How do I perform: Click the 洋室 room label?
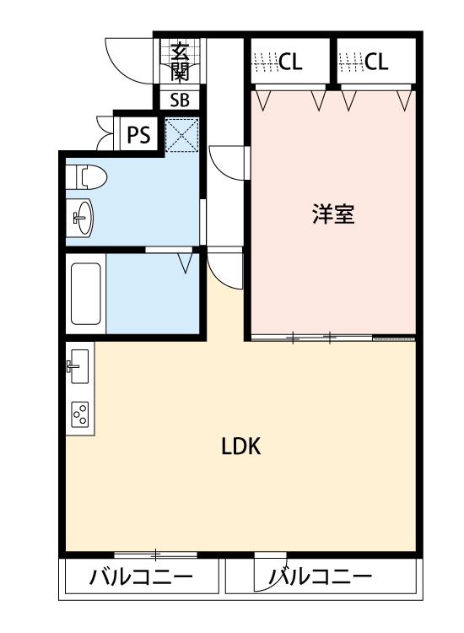(332, 214)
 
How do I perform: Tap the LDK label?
(240, 447)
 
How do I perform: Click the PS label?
(138, 133)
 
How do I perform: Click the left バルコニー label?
(141, 579)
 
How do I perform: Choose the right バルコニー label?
(321, 579)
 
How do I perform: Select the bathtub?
(86, 293)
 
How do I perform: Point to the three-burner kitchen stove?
(80, 414)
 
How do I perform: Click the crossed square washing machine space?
(181, 134)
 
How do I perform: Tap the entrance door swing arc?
(127, 59)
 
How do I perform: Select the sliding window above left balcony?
(156, 555)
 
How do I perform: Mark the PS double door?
(105, 133)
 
